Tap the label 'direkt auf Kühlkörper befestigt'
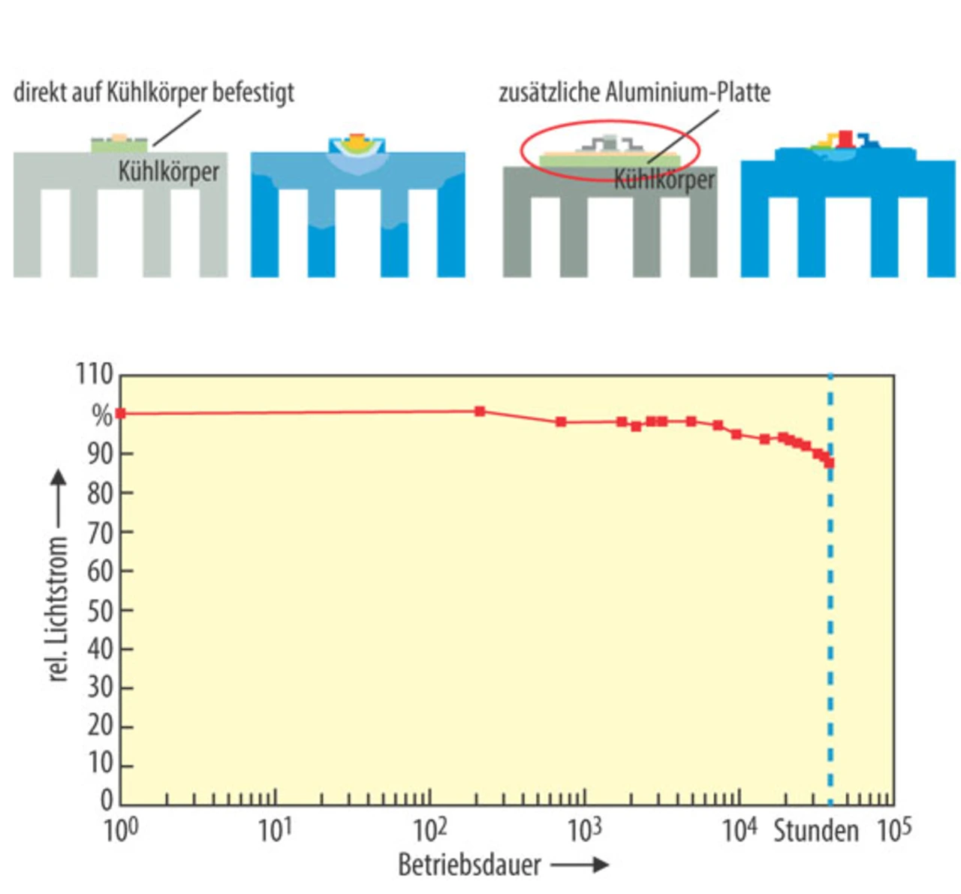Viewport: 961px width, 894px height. pos(154,92)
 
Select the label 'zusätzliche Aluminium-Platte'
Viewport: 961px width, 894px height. pos(634,92)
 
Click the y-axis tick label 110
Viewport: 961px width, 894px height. pos(94,373)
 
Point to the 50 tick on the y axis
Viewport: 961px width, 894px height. pos(100,611)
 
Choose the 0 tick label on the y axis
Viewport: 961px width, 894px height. pos(107,801)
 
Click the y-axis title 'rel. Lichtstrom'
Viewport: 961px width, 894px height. pos(58,609)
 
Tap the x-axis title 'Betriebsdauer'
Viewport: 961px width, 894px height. pos(469,865)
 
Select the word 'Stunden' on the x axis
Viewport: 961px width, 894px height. pos(816,832)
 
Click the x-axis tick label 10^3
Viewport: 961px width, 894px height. pos(585,831)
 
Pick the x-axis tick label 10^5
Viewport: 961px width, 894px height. pos(894,831)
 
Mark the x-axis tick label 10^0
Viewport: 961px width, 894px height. pos(121,831)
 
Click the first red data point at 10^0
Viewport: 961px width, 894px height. pos(121,413)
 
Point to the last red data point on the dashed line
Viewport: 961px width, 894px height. pos(830,464)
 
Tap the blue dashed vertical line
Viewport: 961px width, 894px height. pos(830,639)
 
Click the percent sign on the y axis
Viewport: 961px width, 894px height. pos(101,415)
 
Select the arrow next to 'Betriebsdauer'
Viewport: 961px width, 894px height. pos(580,865)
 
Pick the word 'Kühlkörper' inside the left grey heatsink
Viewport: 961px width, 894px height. pos(169,171)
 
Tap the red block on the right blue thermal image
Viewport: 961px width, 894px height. pos(846,138)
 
